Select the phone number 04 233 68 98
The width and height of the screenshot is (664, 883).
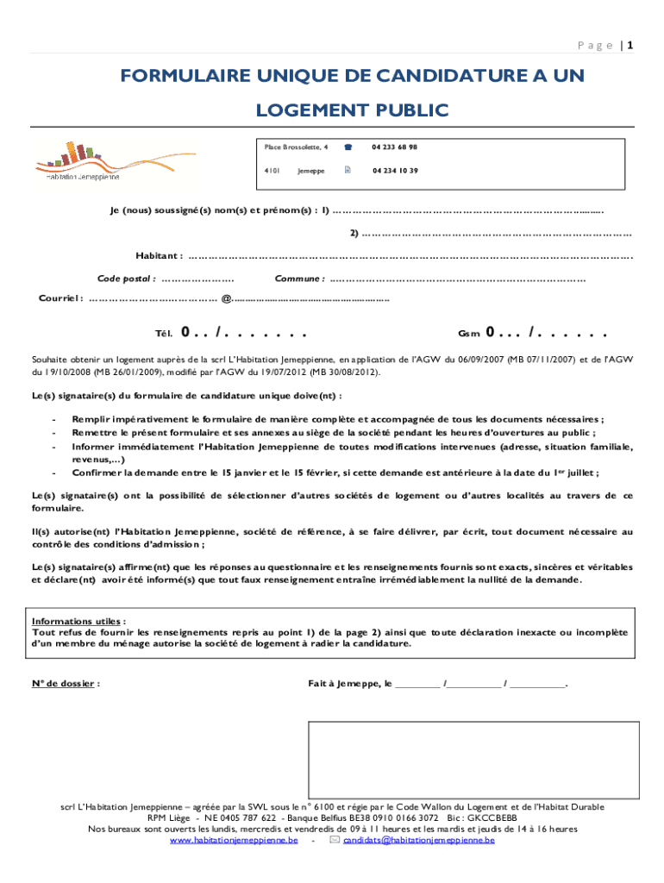[x=394, y=147]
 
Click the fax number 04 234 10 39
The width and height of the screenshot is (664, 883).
[x=395, y=171]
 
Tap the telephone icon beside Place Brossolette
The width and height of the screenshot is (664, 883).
[x=348, y=147]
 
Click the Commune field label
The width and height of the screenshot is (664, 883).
[x=299, y=279]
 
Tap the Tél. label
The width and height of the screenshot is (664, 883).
[x=164, y=333]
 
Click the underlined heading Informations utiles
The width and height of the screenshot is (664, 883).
[x=78, y=621]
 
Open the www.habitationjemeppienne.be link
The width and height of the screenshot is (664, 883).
[x=234, y=840]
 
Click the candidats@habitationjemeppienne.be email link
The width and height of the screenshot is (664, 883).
[x=418, y=840]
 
